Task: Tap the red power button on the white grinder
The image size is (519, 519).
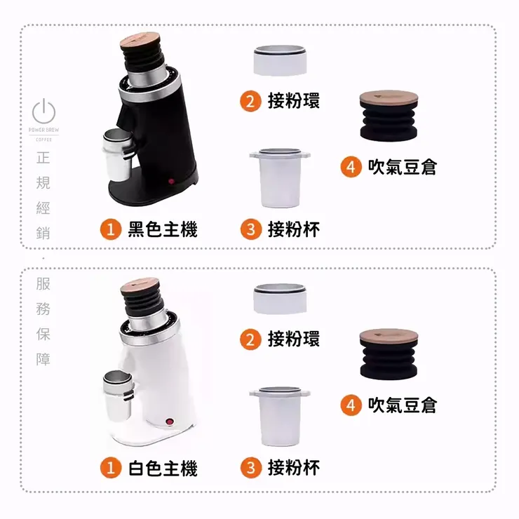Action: coord(168,422)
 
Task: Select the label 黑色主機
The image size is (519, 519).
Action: coord(162,229)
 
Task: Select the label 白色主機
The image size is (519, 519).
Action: coord(162,468)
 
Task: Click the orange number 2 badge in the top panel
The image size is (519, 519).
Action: coord(250,102)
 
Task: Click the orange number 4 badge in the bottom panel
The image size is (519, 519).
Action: coord(351,405)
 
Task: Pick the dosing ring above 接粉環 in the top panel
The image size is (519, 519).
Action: coord(279,61)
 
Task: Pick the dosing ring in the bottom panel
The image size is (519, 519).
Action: coord(279,299)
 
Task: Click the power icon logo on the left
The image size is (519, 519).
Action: coord(44,111)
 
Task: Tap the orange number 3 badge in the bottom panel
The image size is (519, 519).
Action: coord(250,468)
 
